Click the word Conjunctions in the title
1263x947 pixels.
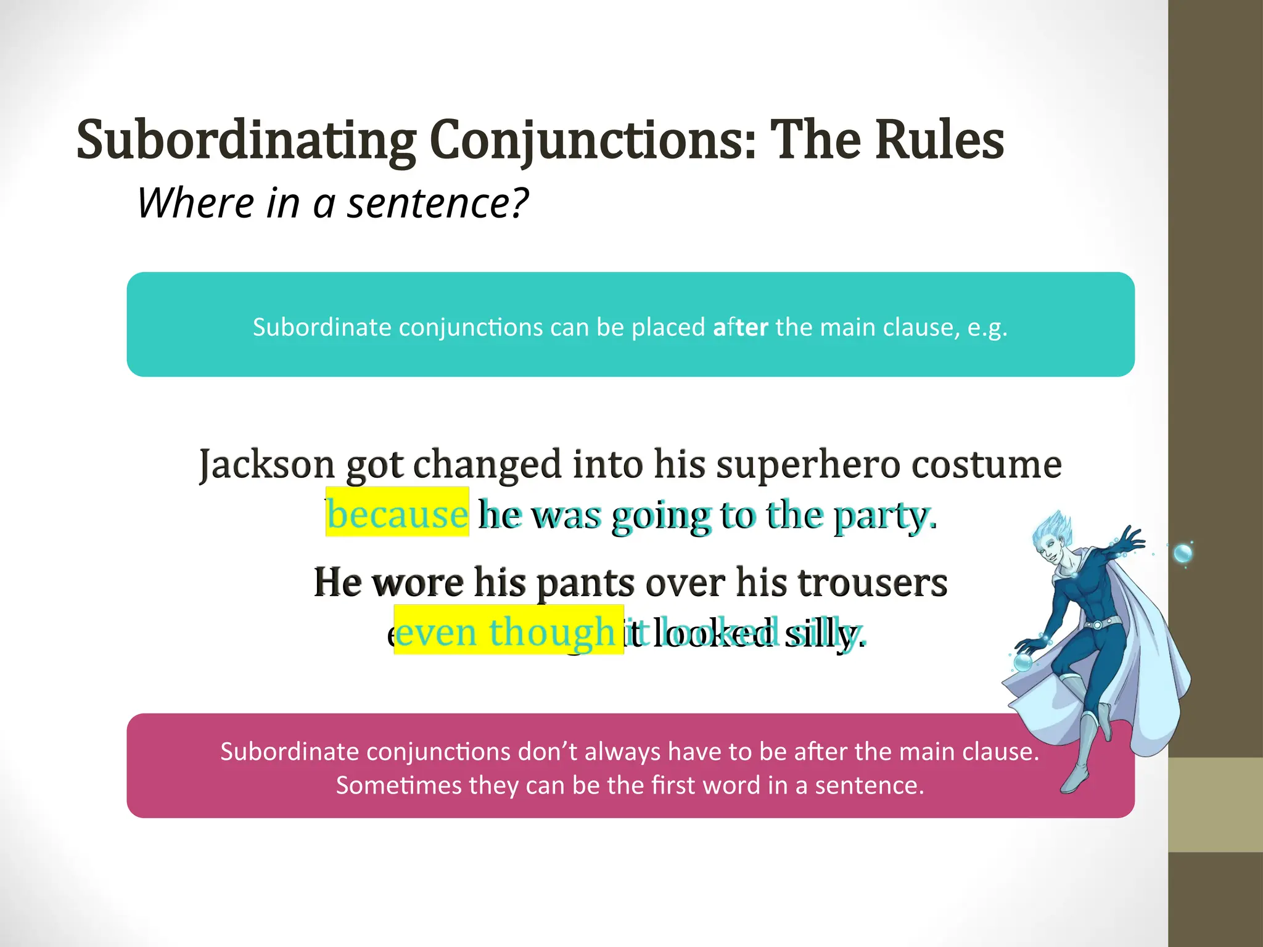(592, 141)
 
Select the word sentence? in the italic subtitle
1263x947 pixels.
(438, 203)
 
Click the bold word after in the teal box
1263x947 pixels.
(740, 327)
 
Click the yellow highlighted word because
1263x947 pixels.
(397, 513)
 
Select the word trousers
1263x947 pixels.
(872, 583)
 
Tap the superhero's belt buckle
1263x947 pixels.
(1097, 625)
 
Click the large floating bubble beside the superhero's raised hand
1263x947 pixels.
(1182, 553)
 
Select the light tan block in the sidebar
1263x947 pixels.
(1216, 805)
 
